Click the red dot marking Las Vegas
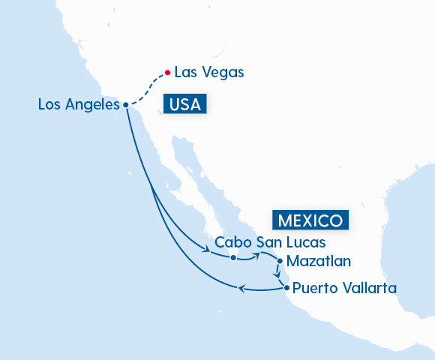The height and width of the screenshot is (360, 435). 166,73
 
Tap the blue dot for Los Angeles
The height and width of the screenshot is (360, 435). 125,105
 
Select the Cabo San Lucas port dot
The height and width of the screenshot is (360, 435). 233,258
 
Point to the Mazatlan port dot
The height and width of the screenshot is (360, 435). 280,262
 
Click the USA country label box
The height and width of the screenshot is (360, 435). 185,104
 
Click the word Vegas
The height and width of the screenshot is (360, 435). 223,73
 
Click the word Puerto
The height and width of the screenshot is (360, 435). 314,287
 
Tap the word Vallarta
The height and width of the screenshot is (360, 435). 367,287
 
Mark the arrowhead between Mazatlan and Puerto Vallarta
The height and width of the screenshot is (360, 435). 279,274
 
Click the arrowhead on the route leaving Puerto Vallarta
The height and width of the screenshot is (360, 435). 241,289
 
